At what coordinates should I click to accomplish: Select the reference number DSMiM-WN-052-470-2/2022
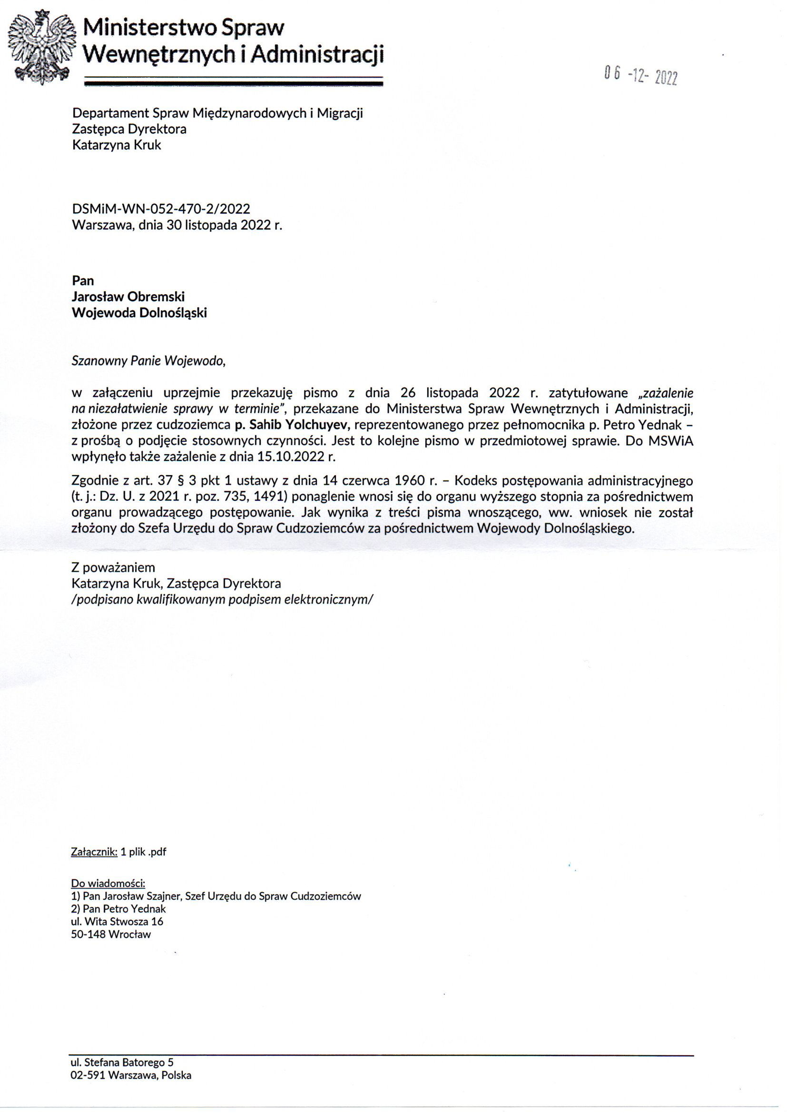pos(161,209)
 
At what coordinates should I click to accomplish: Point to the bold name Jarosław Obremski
pos(128,297)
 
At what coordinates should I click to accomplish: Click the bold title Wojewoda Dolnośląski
pos(139,313)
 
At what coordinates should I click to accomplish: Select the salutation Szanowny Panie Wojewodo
pos(149,361)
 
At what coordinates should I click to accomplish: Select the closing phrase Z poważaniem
pos(113,567)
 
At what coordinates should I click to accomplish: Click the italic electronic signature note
pos(222,600)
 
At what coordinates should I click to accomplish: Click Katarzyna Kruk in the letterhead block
pos(117,145)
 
